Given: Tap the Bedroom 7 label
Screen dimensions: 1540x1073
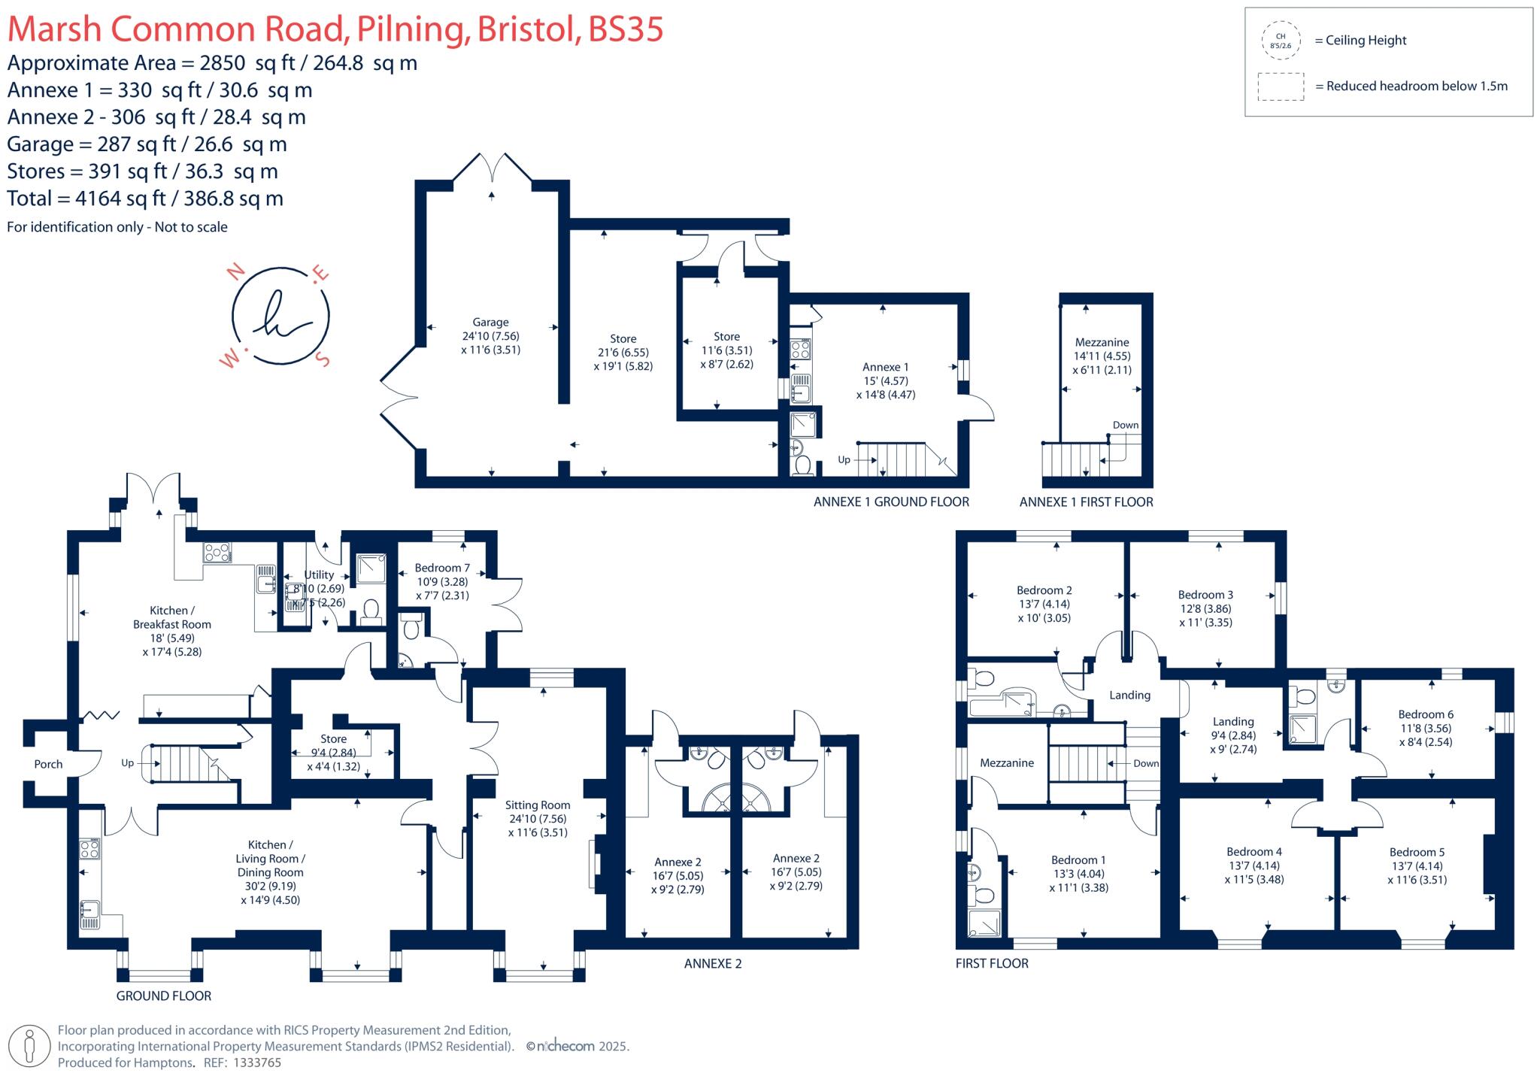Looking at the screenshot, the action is [442, 568].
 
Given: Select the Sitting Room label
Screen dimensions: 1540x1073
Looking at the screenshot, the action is [537, 805].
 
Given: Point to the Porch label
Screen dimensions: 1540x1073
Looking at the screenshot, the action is [48, 764].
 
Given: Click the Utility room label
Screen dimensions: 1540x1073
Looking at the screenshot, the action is [319, 574].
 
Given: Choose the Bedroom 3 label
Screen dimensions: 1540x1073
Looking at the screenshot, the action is [1205, 595].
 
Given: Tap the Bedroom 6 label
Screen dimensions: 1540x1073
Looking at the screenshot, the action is [1426, 714].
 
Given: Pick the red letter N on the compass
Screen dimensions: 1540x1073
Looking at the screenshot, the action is [238, 271].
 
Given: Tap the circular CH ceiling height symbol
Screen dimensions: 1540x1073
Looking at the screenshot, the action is [1281, 41].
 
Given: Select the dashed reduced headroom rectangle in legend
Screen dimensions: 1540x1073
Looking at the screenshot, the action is [1281, 86].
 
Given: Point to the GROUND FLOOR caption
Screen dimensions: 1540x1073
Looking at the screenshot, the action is [163, 996].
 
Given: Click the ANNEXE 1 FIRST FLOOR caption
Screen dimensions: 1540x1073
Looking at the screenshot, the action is [1086, 502].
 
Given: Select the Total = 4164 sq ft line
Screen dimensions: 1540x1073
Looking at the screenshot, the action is [145, 199].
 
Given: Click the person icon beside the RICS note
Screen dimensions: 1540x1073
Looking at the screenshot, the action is [30, 1046].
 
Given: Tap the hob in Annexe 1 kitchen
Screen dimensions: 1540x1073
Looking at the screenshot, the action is [800, 350].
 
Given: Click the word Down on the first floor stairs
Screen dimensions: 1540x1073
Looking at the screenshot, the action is [1146, 763].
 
